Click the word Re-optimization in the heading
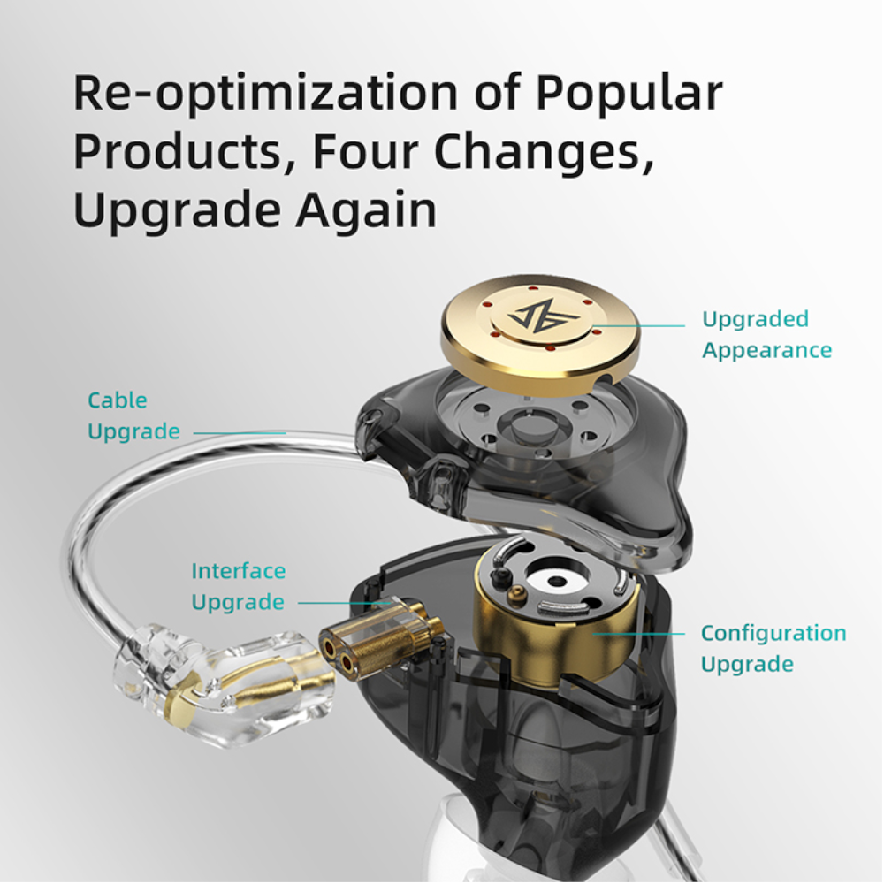265,95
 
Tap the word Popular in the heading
629,95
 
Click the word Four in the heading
366,151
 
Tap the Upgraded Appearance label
766,334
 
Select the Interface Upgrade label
239,586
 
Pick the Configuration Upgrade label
773,648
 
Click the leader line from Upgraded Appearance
639,326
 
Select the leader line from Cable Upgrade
240,433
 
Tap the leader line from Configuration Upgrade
639,634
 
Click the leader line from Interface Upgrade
344,603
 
